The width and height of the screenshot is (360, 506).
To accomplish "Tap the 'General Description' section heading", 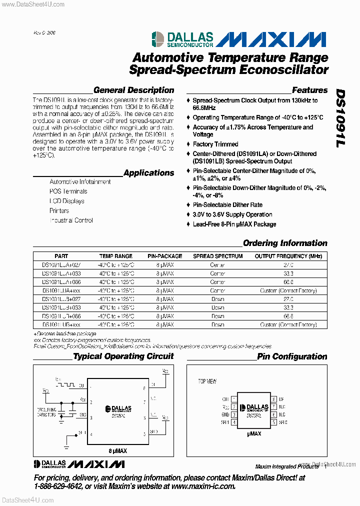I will [x=133, y=90].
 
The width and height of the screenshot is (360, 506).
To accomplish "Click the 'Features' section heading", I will [x=309, y=90].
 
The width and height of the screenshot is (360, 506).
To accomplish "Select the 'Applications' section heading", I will [x=148, y=173].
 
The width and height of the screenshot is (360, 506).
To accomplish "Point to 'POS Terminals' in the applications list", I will [x=68, y=191].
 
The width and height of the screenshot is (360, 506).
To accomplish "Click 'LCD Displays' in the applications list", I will [x=66, y=201].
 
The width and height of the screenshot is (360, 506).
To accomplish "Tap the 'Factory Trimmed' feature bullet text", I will [x=215, y=144].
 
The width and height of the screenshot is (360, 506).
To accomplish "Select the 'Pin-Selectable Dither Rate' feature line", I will [x=227, y=205].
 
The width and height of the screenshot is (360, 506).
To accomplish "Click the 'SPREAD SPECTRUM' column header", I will [x=217, y=256].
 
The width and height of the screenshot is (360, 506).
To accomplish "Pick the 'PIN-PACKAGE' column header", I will [x=164, y=256].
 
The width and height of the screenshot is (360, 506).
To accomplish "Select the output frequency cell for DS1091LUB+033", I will [x=288, y=307].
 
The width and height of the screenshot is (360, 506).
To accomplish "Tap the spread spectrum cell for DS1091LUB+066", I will [x=217, y=316].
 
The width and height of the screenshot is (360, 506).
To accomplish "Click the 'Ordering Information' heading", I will [x=285, y=243].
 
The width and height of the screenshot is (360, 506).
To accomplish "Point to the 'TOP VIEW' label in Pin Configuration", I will [x=207, y=381].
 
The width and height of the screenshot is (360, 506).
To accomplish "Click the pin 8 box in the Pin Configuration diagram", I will [x=274, y=399].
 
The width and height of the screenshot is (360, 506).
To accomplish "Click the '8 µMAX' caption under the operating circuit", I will [x=117, y=450].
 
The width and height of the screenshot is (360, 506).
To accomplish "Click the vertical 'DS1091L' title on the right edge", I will [x=340, y=118].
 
